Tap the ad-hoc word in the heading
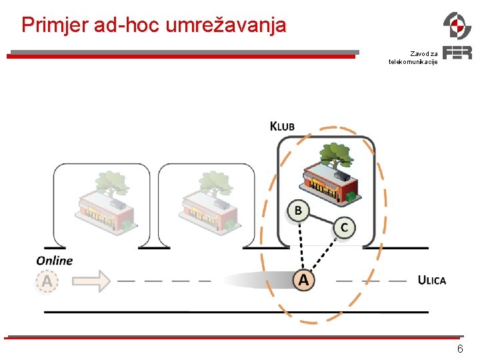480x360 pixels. (126, 25)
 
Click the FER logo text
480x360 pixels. (457, 53)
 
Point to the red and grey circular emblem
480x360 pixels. (457, 25)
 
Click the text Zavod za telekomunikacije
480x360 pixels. (413, 57)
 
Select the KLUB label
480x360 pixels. (282, 126)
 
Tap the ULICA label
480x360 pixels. (432, 280)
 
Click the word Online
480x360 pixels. (55, 260)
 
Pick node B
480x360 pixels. (298, 211)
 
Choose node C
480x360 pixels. (344, 227)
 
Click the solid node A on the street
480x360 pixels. (303, 280)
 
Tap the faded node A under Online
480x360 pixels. (47, 281)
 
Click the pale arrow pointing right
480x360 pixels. (91, 281)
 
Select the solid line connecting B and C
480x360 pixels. (321, 219)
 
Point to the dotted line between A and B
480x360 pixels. (301, 245)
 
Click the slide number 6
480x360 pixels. (459, 350)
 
